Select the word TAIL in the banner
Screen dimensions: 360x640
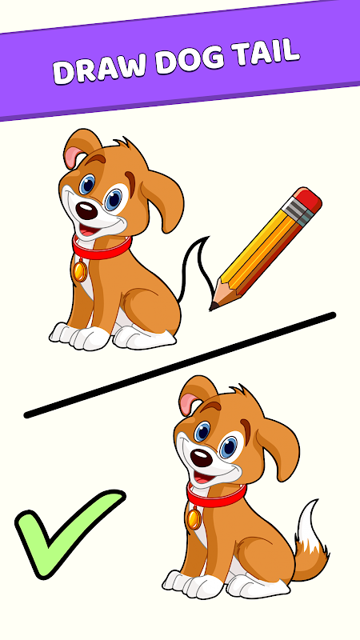[266, 52]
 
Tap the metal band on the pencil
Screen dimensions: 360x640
[298, 212]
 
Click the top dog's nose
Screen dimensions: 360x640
[86, 210]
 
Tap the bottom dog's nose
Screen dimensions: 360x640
[202, 458]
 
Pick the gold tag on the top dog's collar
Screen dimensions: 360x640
[79, 270]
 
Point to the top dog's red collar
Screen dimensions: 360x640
[102, 248]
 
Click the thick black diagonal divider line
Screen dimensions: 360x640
[179, 366]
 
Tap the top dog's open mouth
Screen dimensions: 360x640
[88, 230]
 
